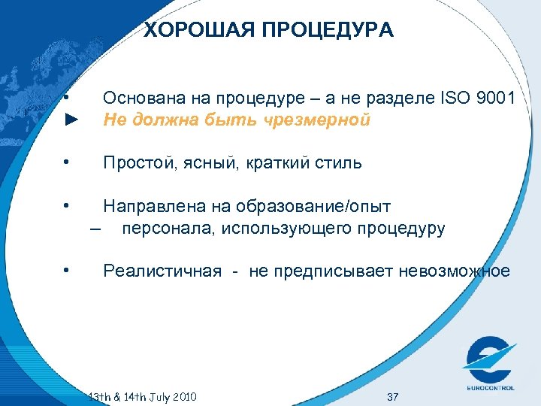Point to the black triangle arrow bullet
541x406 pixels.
(x=71, y=120)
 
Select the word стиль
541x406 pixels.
(x=339, y=163)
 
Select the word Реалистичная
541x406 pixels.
(x=162, y=271)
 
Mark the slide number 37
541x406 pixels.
(x=391, y=396)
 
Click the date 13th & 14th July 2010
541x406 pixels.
(x=142, y=396)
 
